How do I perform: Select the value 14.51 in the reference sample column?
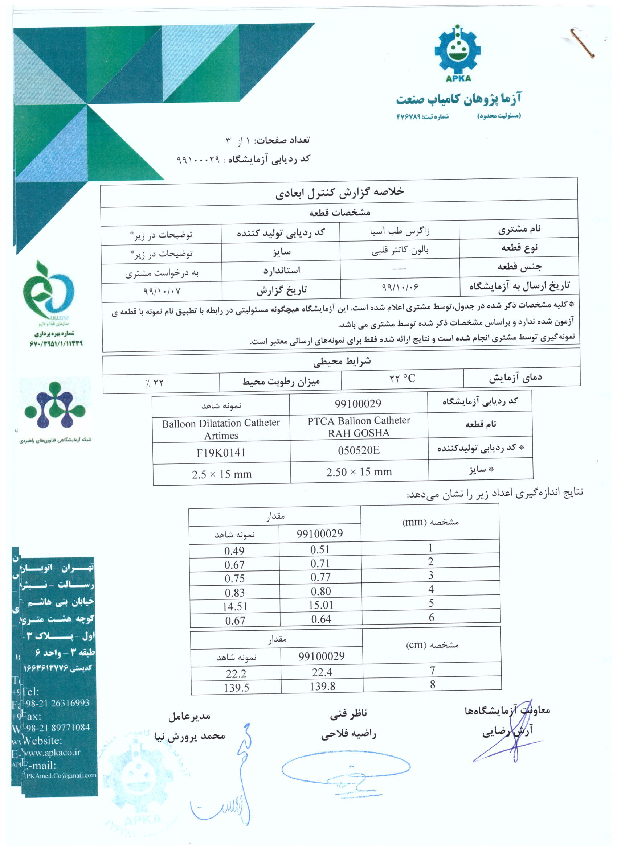point(235,606)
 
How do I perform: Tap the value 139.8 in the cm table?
point(322,686)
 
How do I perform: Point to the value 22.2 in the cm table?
point(236,673)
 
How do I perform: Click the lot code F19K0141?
point(221,453)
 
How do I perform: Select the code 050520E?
point(359,450)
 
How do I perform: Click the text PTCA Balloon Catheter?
point(359,420)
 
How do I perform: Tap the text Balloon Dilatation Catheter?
point(221,423)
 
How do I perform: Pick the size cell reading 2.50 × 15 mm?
point(359,471)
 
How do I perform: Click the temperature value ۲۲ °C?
point(402,378)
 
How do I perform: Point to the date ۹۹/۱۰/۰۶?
point(400,287)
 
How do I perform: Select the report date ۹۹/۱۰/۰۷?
point(162,291)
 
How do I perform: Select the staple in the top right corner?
point(583,43)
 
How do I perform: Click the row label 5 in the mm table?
point(432,603)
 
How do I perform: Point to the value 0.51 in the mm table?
point(320,549)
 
